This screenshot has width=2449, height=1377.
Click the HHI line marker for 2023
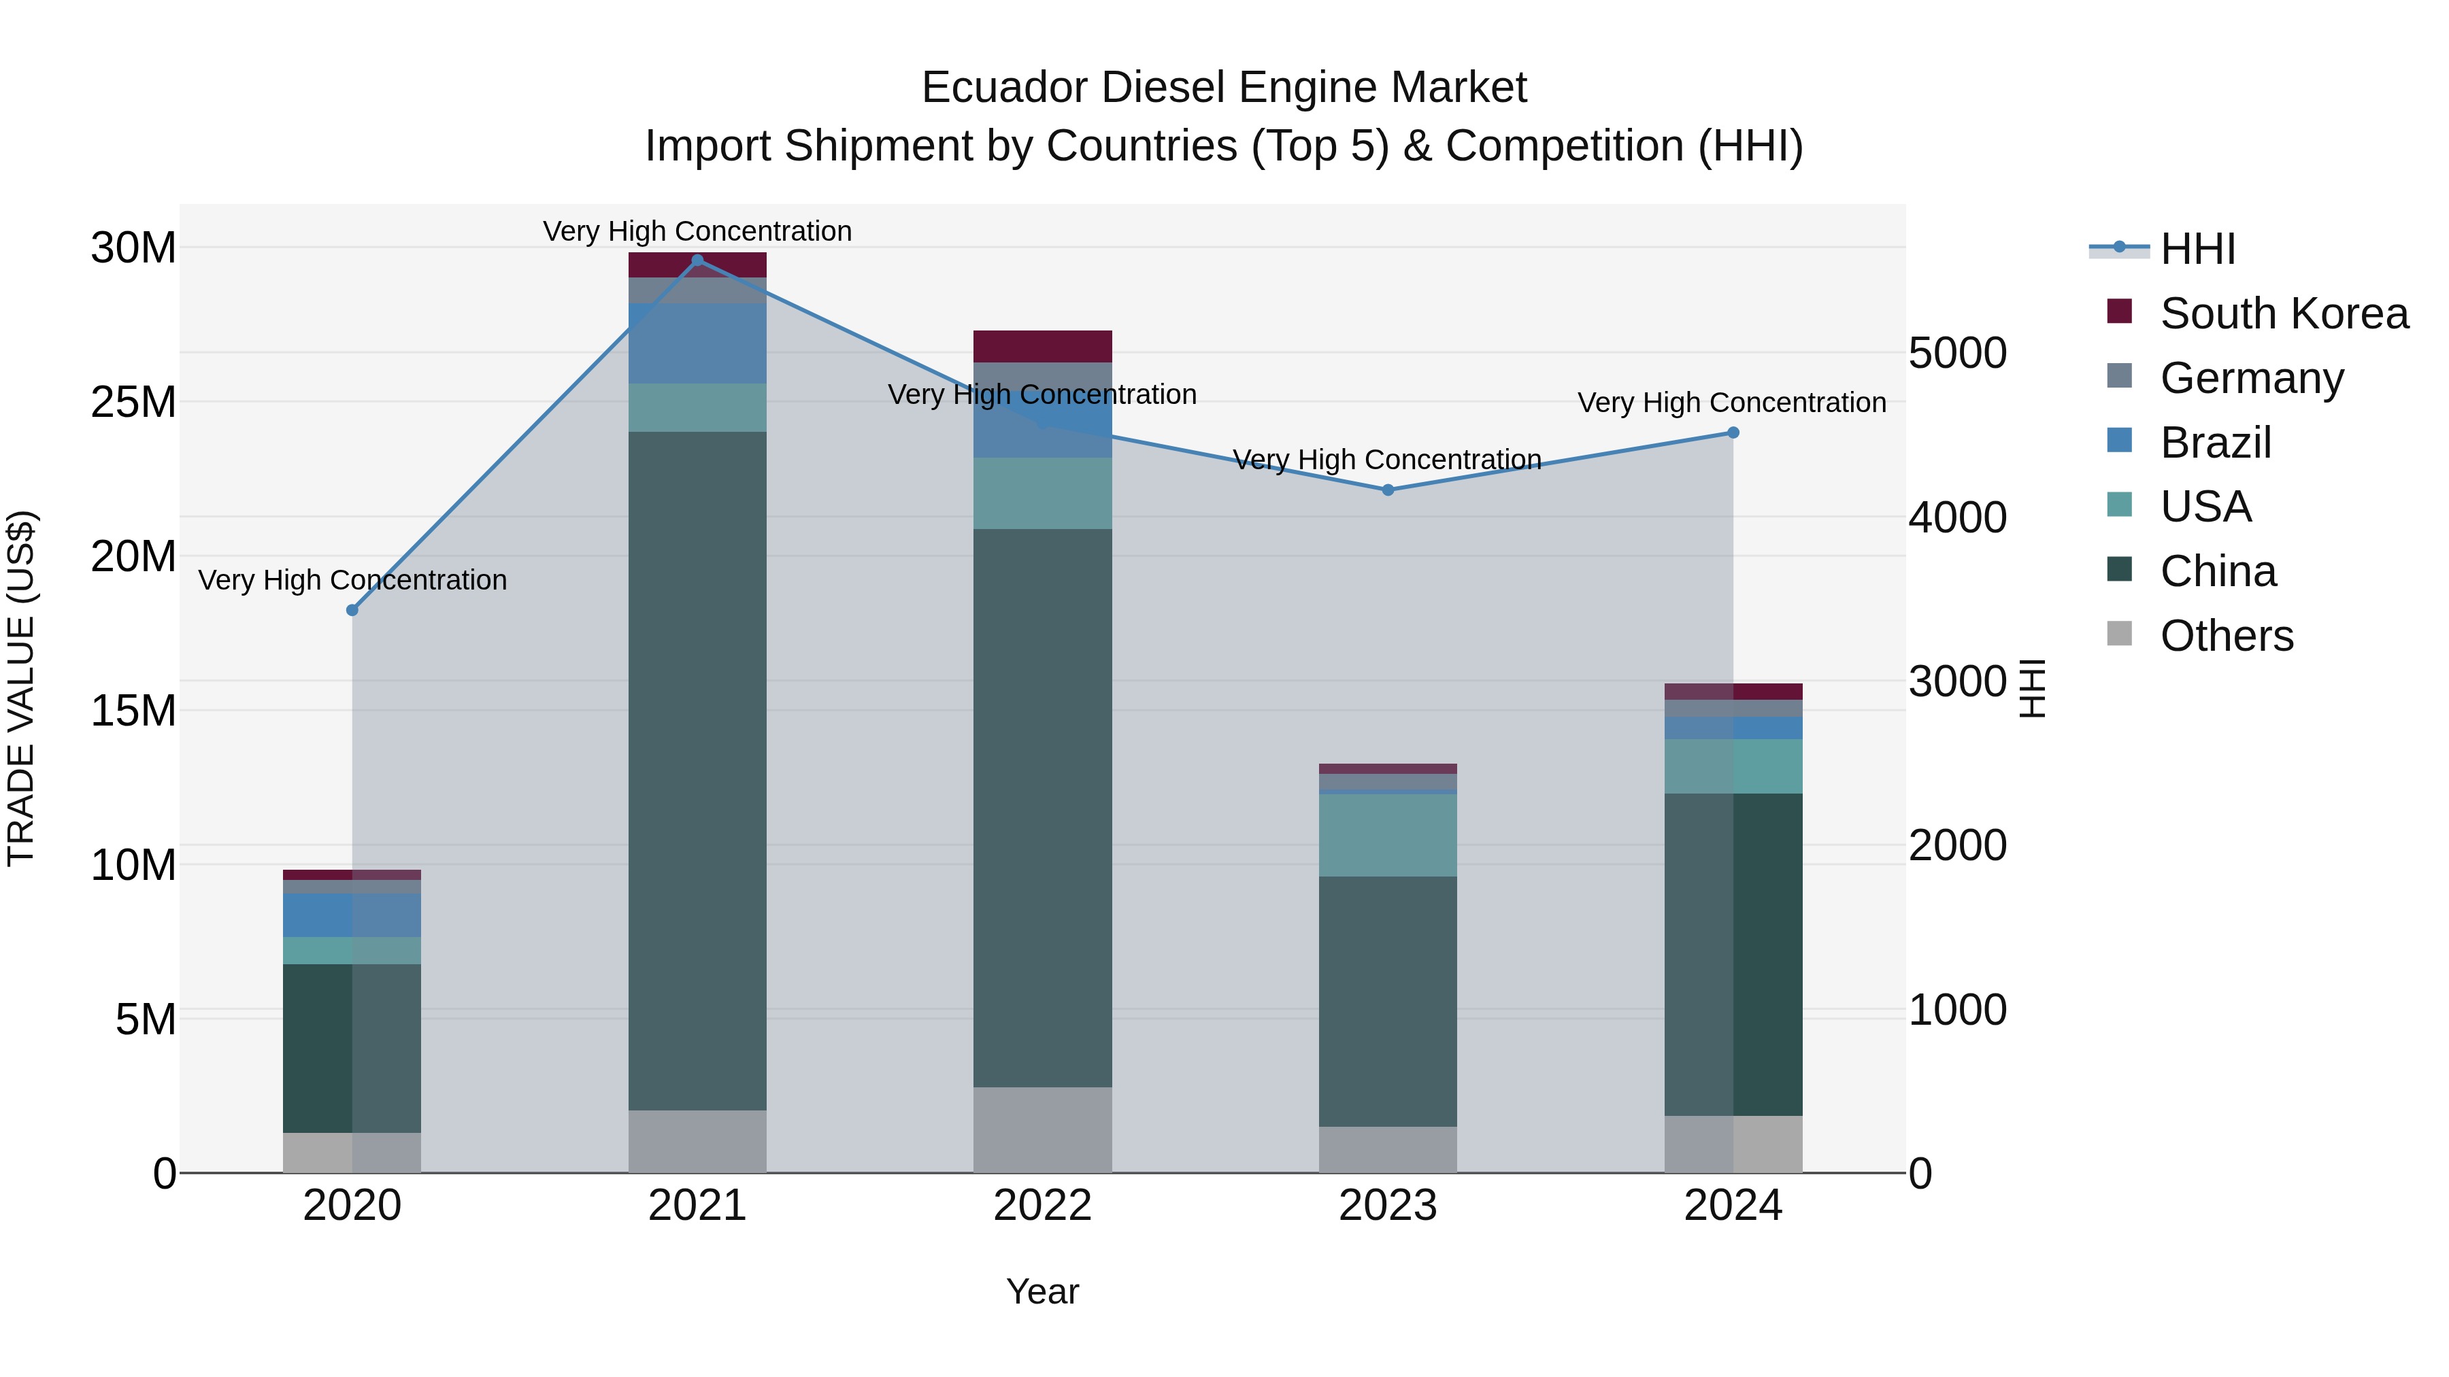pos(1387,490)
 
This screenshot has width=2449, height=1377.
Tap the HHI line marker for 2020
pos(352,610)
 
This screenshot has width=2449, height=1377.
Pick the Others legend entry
pos(2226,636)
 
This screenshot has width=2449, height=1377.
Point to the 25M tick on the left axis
pos(133,402)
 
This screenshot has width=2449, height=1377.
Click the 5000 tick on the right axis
pos(1957,354)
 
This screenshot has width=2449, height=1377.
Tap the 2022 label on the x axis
pos(1042,1206)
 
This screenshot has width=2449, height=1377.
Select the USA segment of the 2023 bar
pos(1387,834)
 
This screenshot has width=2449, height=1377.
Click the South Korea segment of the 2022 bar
pos(1042,347)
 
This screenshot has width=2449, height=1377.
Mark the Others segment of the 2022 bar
pos(1042,1130)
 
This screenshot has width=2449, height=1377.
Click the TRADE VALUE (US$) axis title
pos(21,688)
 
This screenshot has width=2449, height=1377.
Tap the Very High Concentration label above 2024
pos(1731,403)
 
